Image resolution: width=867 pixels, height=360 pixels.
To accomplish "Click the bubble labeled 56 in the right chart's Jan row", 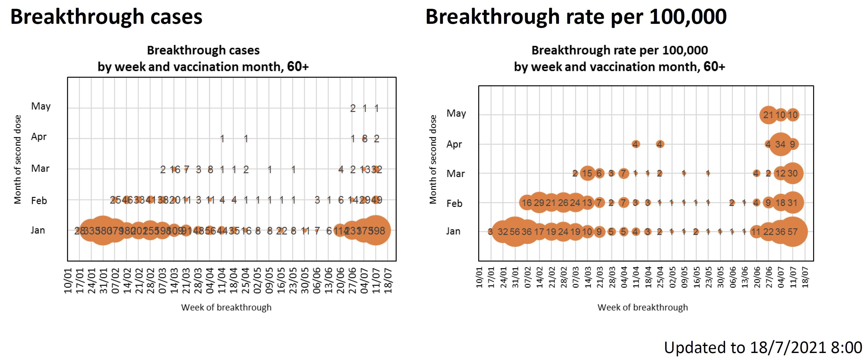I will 515,232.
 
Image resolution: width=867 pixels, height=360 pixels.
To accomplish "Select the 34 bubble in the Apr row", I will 780,144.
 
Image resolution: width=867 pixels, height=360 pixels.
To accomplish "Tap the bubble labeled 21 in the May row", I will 768,115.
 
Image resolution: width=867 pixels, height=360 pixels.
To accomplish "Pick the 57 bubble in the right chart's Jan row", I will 792,232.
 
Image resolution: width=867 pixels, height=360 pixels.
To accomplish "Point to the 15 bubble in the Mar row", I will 587,173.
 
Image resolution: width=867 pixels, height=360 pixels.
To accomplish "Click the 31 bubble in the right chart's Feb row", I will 792,203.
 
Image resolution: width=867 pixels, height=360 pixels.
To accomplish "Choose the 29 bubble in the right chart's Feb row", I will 539,203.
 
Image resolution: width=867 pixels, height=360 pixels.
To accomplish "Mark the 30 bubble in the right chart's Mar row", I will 792,173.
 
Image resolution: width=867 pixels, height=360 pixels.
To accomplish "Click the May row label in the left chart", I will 41,106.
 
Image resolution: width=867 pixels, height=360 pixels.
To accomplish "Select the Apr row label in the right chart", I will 454,144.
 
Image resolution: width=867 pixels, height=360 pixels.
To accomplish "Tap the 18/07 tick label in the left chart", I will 388,280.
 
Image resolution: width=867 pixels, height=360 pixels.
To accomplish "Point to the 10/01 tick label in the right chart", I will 479,277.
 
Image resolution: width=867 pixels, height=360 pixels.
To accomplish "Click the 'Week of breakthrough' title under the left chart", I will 226,307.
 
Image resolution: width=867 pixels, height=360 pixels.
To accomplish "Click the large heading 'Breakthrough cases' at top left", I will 106,17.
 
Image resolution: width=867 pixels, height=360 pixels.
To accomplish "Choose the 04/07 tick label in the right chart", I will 780,277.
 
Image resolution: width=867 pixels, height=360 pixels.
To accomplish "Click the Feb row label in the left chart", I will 39,201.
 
